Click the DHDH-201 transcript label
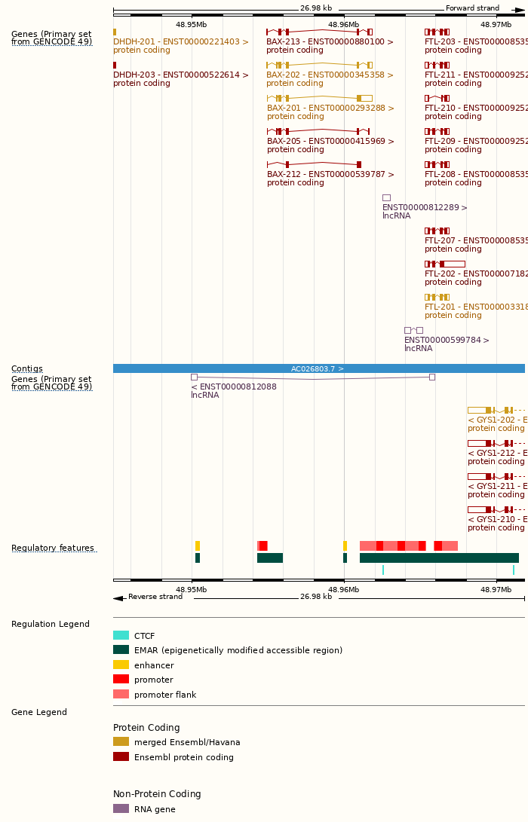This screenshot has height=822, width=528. coord(181,42)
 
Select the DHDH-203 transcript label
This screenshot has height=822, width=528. coord(181,75)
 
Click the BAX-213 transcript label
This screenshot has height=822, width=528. coord(330,42)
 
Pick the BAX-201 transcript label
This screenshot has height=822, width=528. coord(330,108)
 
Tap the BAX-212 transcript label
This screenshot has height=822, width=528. coord(330,175)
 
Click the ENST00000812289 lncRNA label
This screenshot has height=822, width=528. coord(425,208)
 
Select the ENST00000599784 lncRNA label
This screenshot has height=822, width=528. coord(447,341)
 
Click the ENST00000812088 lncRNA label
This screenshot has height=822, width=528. coord(234,387)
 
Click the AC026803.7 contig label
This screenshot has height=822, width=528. coord(318,369)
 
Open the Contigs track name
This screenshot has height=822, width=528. coord(27,369)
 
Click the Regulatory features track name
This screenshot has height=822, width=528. coord(53,549)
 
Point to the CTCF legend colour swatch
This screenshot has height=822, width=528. coord(121,636)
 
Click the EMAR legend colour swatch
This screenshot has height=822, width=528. coord(121,650)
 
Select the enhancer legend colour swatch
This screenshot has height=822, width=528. coord(121,665)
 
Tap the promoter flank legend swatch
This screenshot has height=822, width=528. coord(121,695)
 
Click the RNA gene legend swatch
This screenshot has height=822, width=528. coord(121,809)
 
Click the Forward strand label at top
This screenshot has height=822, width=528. coord(472,8)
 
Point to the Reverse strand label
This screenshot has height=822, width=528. coord(155,597)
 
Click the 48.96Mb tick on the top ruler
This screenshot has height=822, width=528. coord(343,25)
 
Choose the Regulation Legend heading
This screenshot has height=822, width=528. coord(51,625)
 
